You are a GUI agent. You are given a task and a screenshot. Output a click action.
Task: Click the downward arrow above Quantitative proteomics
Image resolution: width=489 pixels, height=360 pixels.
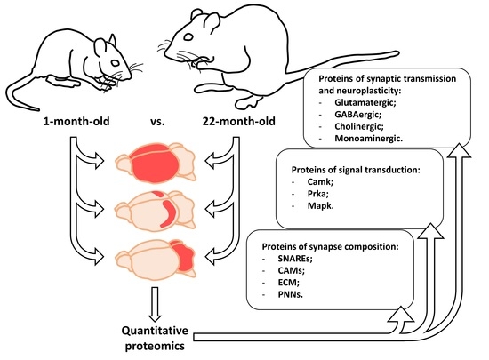point(153,305)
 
